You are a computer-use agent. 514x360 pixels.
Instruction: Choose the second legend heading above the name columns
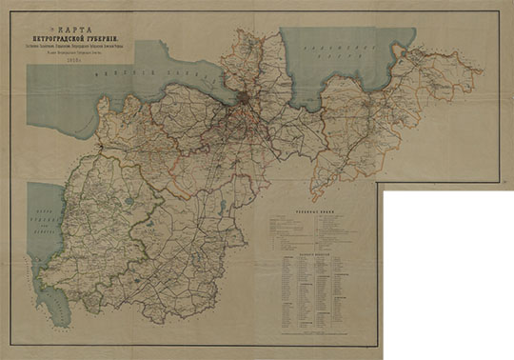tap(314, 256)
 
